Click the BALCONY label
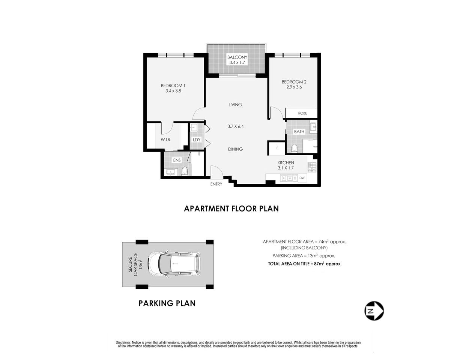pyautogui.click(x=237, y=57)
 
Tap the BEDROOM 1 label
pyautogui.click(x=173, y=85)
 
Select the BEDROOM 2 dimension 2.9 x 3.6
pyautogui.click(x=294, y=87)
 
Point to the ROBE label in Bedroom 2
pyautogui.click(x=302, y=113)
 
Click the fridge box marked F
pyautogui.click(x=277, y=148)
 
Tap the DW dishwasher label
pyautogui.click(x=302, y=178)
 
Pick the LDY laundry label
pyautogui.click(x=197, y=140)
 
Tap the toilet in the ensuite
pyautogui.click(x=184, y=171)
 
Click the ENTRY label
pyautogui.click(x=216, y=184)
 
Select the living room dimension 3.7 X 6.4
pyautogui.click(x=235, y=126)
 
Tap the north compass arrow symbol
pyautogui.click(x=374, y=311)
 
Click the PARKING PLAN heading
pyautogui.click(x=167, y=303)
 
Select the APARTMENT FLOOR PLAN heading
pyautogui.click(x=231, y=208)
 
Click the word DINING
pyautogui.click(x=235, y=149)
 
